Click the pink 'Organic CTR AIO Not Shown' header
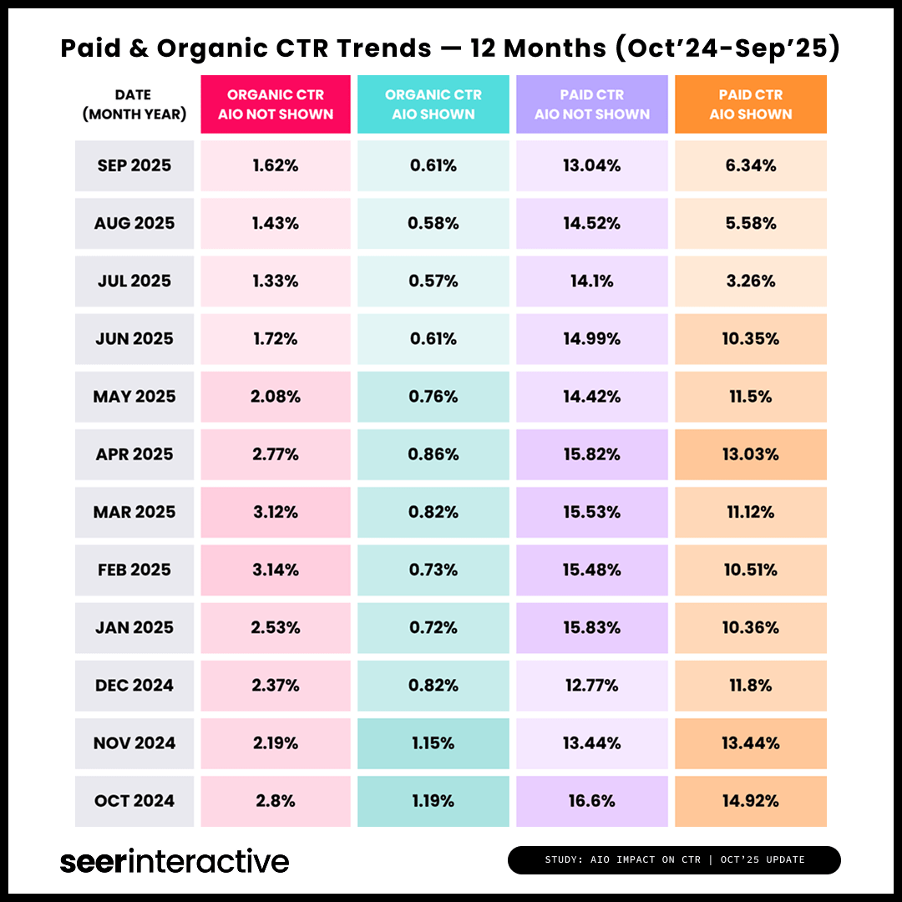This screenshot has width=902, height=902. (276, 104)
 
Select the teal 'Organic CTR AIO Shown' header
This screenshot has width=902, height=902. (433, 104)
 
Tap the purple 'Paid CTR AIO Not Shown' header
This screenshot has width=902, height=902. (591, 104)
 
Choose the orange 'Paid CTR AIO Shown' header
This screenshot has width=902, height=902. (750, 104)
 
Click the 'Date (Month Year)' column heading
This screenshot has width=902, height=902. (134, 104)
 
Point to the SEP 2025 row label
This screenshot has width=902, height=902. (134, 165)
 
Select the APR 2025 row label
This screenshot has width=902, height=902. (134, 454)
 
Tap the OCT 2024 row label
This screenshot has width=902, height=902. (134, 801)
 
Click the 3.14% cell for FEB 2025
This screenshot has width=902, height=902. (276, 570)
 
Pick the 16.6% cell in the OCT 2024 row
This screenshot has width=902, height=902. (591, 801)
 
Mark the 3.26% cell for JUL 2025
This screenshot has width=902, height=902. (750, 281)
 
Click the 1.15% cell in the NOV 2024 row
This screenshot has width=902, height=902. (433, 743)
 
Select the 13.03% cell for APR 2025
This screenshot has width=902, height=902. (750, 454)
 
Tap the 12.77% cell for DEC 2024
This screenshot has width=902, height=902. (591, 686)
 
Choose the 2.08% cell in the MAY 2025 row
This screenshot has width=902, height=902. (276, 397)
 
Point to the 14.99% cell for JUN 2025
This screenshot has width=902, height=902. (591, 339)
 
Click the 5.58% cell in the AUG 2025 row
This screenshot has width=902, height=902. (750, 223)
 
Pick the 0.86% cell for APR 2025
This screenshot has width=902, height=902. (433, 454)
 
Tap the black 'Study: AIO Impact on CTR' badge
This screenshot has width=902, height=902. (674, 859)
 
